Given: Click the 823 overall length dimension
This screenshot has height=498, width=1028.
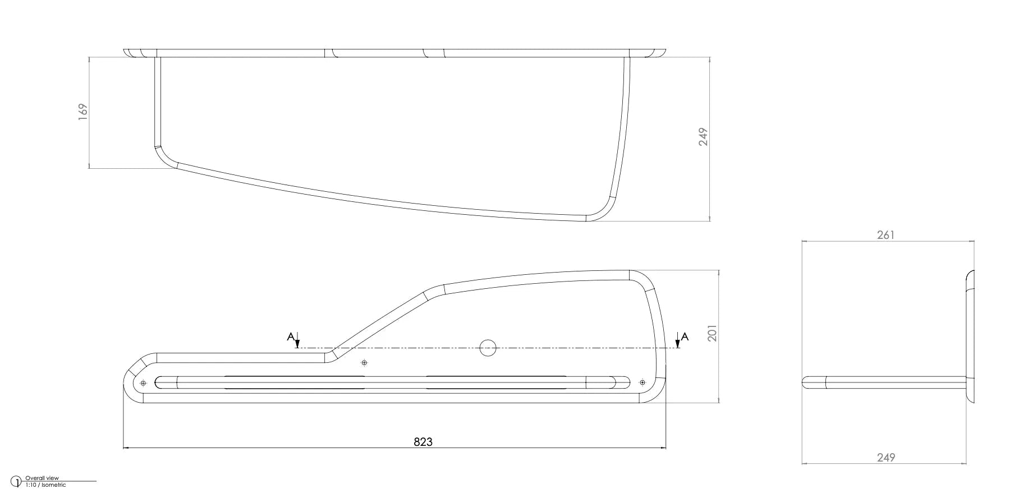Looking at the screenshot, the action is click(423, 442).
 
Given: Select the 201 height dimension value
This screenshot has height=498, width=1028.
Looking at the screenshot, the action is click(713, 333).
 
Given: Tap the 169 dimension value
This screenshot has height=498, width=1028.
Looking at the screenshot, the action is click(83, 110).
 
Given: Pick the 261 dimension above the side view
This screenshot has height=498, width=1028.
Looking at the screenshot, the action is click(885, 235).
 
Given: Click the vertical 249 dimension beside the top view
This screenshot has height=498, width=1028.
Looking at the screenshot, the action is click(703, 137).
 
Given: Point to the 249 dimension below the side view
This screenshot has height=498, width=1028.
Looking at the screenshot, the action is click(886, 458).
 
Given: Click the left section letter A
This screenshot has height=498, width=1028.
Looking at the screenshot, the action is click(290, 336).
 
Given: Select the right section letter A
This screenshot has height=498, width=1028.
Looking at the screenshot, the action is click(685, 336).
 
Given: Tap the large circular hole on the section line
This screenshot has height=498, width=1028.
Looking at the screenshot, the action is click(488, 348).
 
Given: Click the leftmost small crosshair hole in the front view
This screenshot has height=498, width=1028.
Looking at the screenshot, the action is click(143, 382).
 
